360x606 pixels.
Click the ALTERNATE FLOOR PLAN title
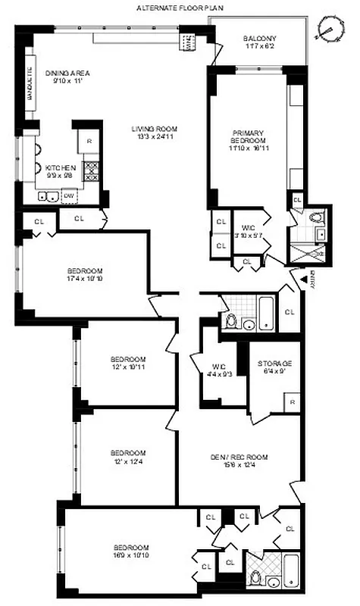[180, 7]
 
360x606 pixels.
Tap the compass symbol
[328, 28]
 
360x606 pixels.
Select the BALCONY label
[260, 39]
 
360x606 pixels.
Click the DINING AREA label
[67, 73]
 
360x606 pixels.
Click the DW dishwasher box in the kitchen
[70, 195]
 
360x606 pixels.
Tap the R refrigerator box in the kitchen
[89, 142]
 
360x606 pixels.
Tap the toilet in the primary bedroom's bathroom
[317, 219]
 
